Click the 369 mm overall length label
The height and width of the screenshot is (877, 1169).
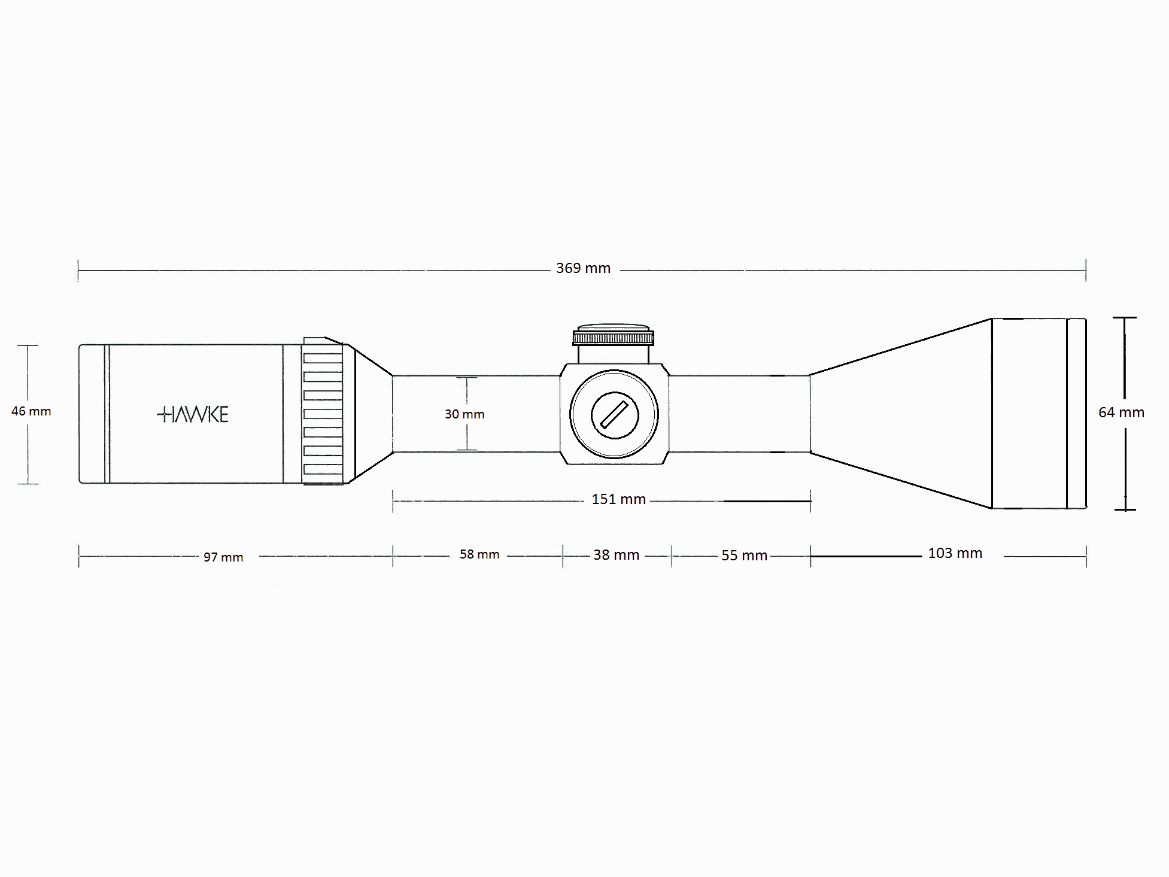583,268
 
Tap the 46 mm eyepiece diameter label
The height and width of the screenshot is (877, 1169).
31,411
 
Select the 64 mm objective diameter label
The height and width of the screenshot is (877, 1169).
1121,412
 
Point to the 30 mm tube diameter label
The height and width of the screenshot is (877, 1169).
464,414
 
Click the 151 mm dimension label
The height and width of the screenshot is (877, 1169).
618,499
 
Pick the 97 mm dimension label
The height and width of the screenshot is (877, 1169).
223,557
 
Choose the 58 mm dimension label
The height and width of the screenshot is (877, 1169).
479,554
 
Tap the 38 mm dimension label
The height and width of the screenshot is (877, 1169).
616,555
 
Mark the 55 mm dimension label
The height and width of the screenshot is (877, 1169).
744,556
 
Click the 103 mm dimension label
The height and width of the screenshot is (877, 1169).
955,553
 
